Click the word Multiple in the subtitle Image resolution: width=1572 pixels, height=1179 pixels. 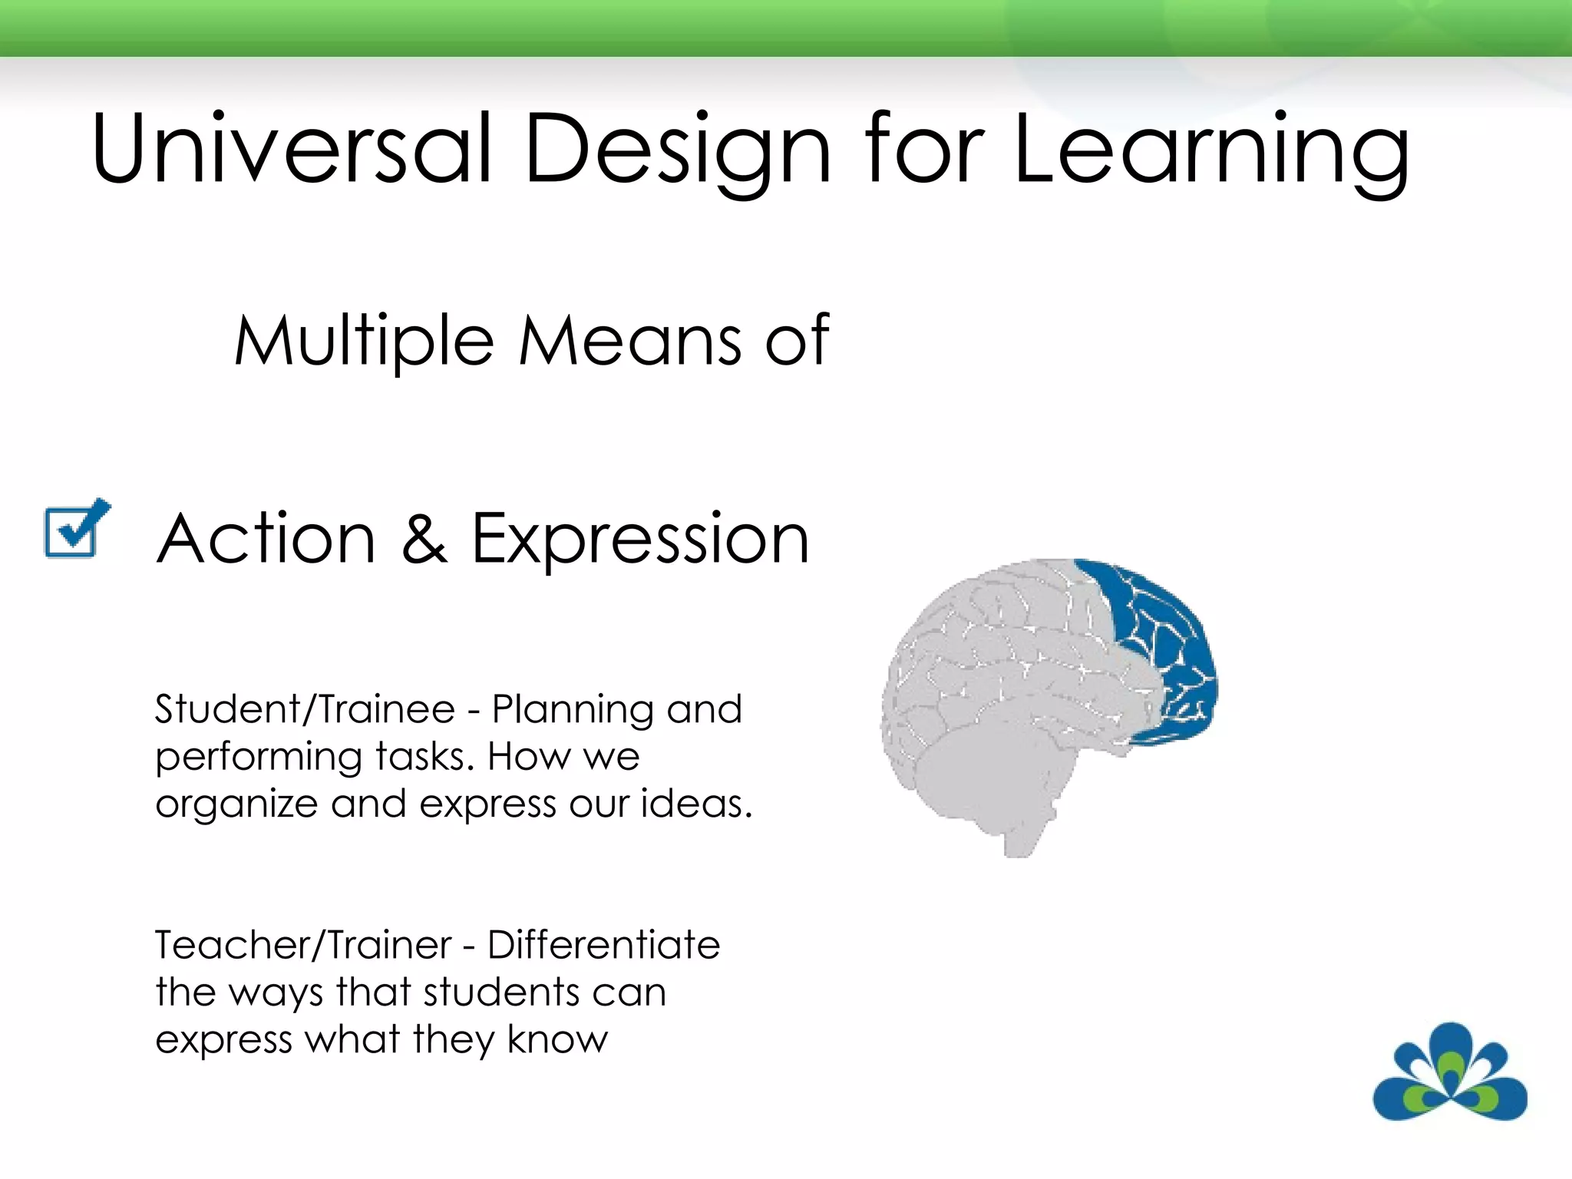364,342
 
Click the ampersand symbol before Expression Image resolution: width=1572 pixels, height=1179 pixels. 424,539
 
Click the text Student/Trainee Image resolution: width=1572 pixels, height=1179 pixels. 305,708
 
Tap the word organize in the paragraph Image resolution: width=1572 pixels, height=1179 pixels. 236,805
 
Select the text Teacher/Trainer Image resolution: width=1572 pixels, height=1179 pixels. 303,945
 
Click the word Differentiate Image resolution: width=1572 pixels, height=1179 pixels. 604,945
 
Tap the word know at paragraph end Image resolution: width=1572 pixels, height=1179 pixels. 557,1039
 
